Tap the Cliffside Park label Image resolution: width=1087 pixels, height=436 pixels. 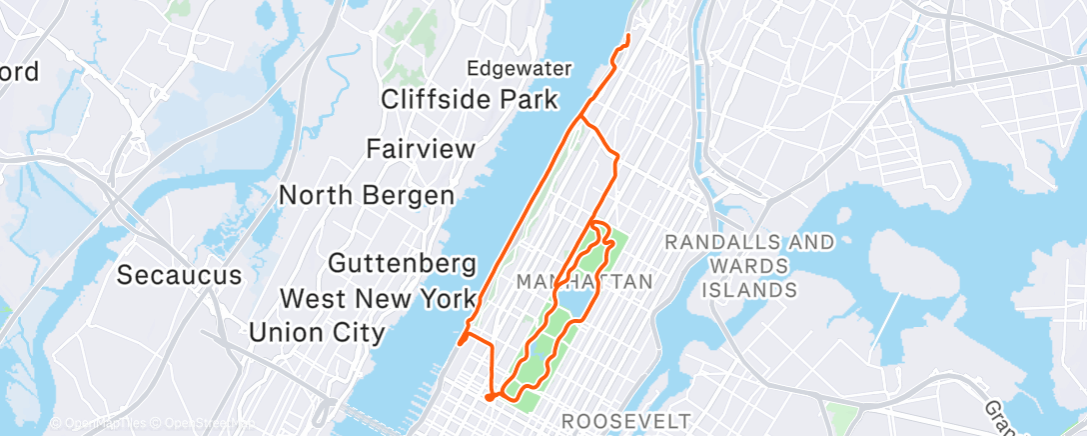coord(470,99)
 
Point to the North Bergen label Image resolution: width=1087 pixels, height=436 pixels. coord(366,195)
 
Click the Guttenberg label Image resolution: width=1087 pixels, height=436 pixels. coord(402,265)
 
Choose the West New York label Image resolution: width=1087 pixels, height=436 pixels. coord(378,298)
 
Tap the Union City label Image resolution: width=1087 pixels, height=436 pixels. coord(317,332)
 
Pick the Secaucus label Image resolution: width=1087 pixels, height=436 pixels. coord(180,274)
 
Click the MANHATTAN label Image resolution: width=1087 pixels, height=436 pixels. coord(584,283)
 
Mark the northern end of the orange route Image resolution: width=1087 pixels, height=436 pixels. coord(627,36)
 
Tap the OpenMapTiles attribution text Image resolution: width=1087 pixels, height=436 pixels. coord(99,424)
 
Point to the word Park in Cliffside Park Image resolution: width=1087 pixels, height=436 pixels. coord(525,99)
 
